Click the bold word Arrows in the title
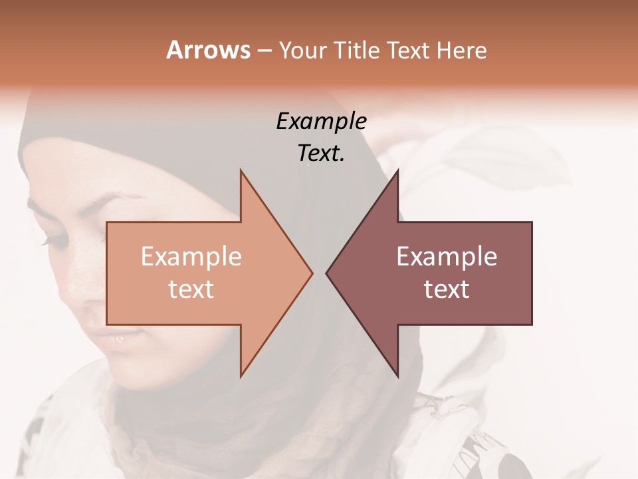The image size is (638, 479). point(208,50)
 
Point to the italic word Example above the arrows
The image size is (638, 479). point(322,122)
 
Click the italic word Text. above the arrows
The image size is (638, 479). point(322,154)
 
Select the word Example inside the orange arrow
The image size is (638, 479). point(191,257)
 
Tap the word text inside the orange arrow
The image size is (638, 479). point(191,289)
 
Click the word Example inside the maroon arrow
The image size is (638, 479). point(447,257)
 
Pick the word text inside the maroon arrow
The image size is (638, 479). point(447,289)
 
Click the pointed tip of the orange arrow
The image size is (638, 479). point(312,273)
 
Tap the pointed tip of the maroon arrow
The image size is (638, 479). point(326,273)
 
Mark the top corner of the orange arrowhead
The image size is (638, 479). point(241,170)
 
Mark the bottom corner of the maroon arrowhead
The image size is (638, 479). point(398,376)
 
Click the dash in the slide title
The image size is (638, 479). point(264,51)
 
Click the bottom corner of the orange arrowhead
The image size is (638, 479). point(241,376)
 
